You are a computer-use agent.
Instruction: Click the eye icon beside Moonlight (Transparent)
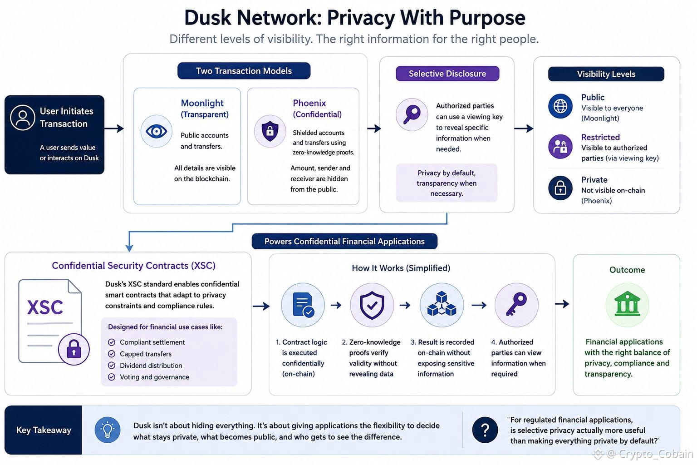pos(156,131)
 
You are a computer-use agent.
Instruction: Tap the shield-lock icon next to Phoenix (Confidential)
pos(270,131)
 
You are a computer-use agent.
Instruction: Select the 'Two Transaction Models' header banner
pos(244,71)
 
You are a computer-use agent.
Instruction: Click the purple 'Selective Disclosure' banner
pos(447,74)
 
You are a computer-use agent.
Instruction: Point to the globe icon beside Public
pos(560,106)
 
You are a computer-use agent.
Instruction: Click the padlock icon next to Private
pos(560,188)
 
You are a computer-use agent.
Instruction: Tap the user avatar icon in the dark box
pos(22,118)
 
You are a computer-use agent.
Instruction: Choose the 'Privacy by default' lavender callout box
pos(447,183)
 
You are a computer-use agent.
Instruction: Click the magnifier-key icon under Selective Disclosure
pos(412,114)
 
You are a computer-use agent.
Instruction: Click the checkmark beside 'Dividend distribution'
pos(111,366)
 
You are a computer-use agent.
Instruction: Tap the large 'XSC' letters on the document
pos(45,307)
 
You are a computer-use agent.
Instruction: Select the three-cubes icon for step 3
pos(442,305)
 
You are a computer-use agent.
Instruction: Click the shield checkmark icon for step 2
pos(372,305)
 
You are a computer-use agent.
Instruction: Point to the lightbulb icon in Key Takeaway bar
pos(108,430)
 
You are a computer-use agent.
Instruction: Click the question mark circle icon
pos(485,430)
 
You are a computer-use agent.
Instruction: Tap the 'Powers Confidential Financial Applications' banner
pos(344,242)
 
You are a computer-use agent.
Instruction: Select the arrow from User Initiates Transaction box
pos(114,129)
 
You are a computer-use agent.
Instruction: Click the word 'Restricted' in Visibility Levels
pos(600,137)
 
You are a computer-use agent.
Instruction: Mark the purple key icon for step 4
pos(516,305)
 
